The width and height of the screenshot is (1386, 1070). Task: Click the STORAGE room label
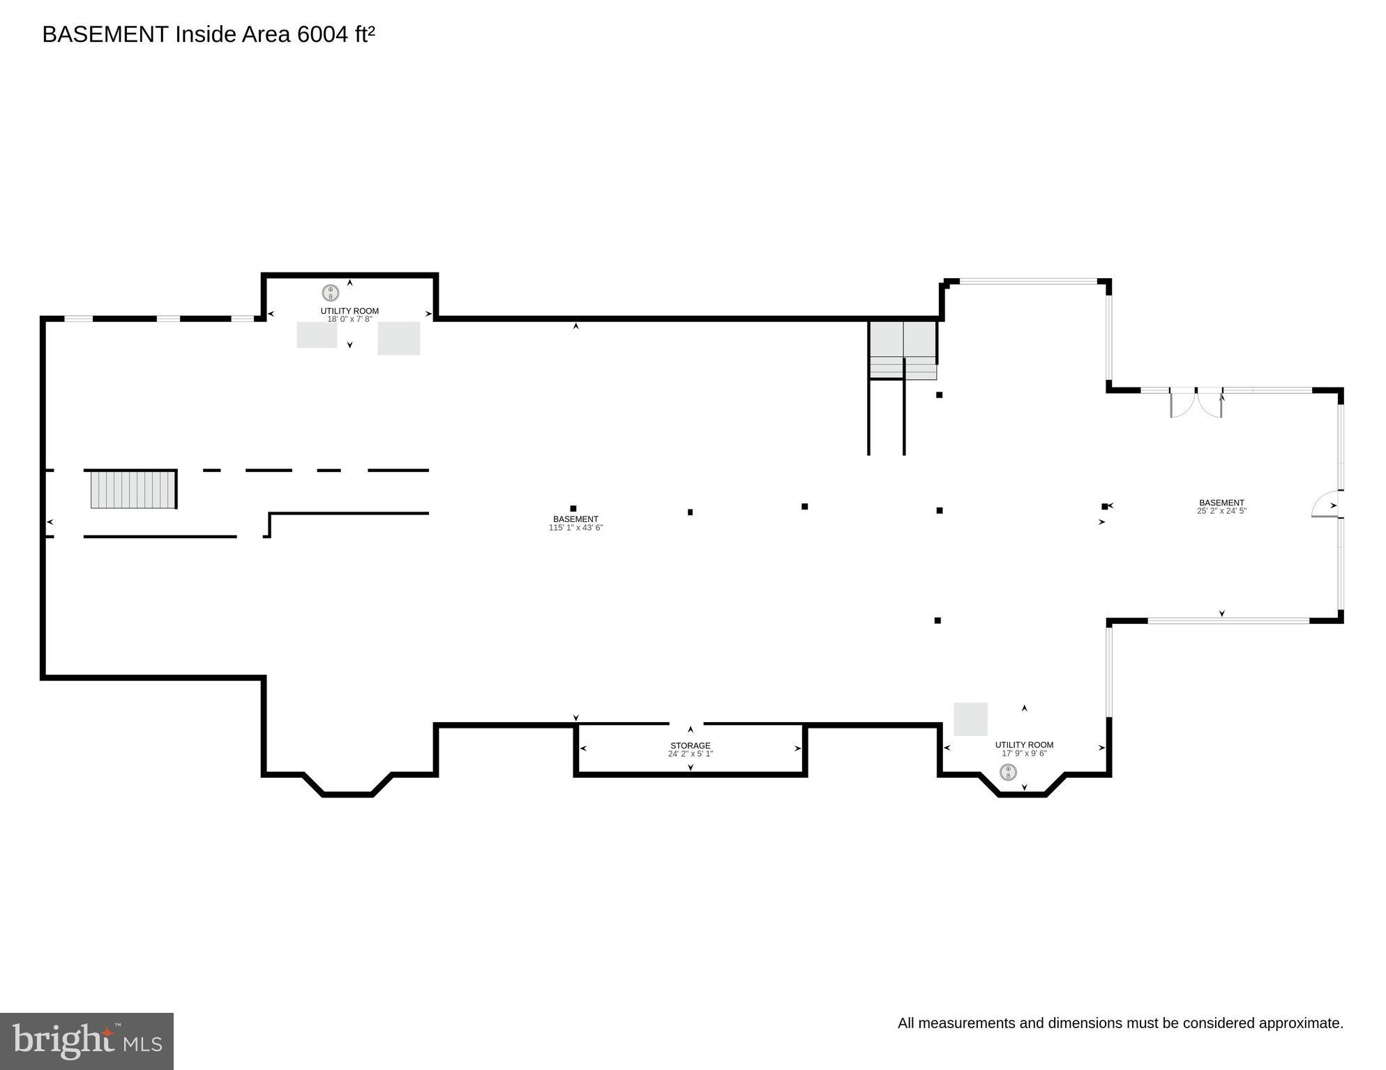tap(691, 746)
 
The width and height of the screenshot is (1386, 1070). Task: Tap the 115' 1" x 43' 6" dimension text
tap(575, 528)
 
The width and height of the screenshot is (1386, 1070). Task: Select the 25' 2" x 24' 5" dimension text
tap(1221, 511)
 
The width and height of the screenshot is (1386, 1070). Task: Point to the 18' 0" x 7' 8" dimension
tap(349, 319)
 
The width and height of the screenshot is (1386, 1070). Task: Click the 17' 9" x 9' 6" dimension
tap(1024, 754)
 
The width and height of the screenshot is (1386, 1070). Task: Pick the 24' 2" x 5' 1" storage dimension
tap(691, 754)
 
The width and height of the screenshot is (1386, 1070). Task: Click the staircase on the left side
tap(133, 489)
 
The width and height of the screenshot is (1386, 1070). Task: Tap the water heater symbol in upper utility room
tap(330, 293)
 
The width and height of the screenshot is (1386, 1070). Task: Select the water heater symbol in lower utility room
tap(1008, 772)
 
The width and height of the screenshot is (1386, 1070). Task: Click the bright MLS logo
tap(86, 1041)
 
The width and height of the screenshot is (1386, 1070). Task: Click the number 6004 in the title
tap(323, 34)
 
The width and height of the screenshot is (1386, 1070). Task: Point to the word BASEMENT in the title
tap(105, 34)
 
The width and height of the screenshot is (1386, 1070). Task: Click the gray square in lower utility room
tap(970, 719)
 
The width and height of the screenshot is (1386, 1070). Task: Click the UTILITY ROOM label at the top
tap(349, 311)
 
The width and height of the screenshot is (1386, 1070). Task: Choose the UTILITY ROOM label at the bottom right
tap(1024, 745)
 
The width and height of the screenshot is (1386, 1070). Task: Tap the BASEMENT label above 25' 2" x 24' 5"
tap(1221, 503)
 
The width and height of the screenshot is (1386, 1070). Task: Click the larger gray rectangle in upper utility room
tap(399, 338)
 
